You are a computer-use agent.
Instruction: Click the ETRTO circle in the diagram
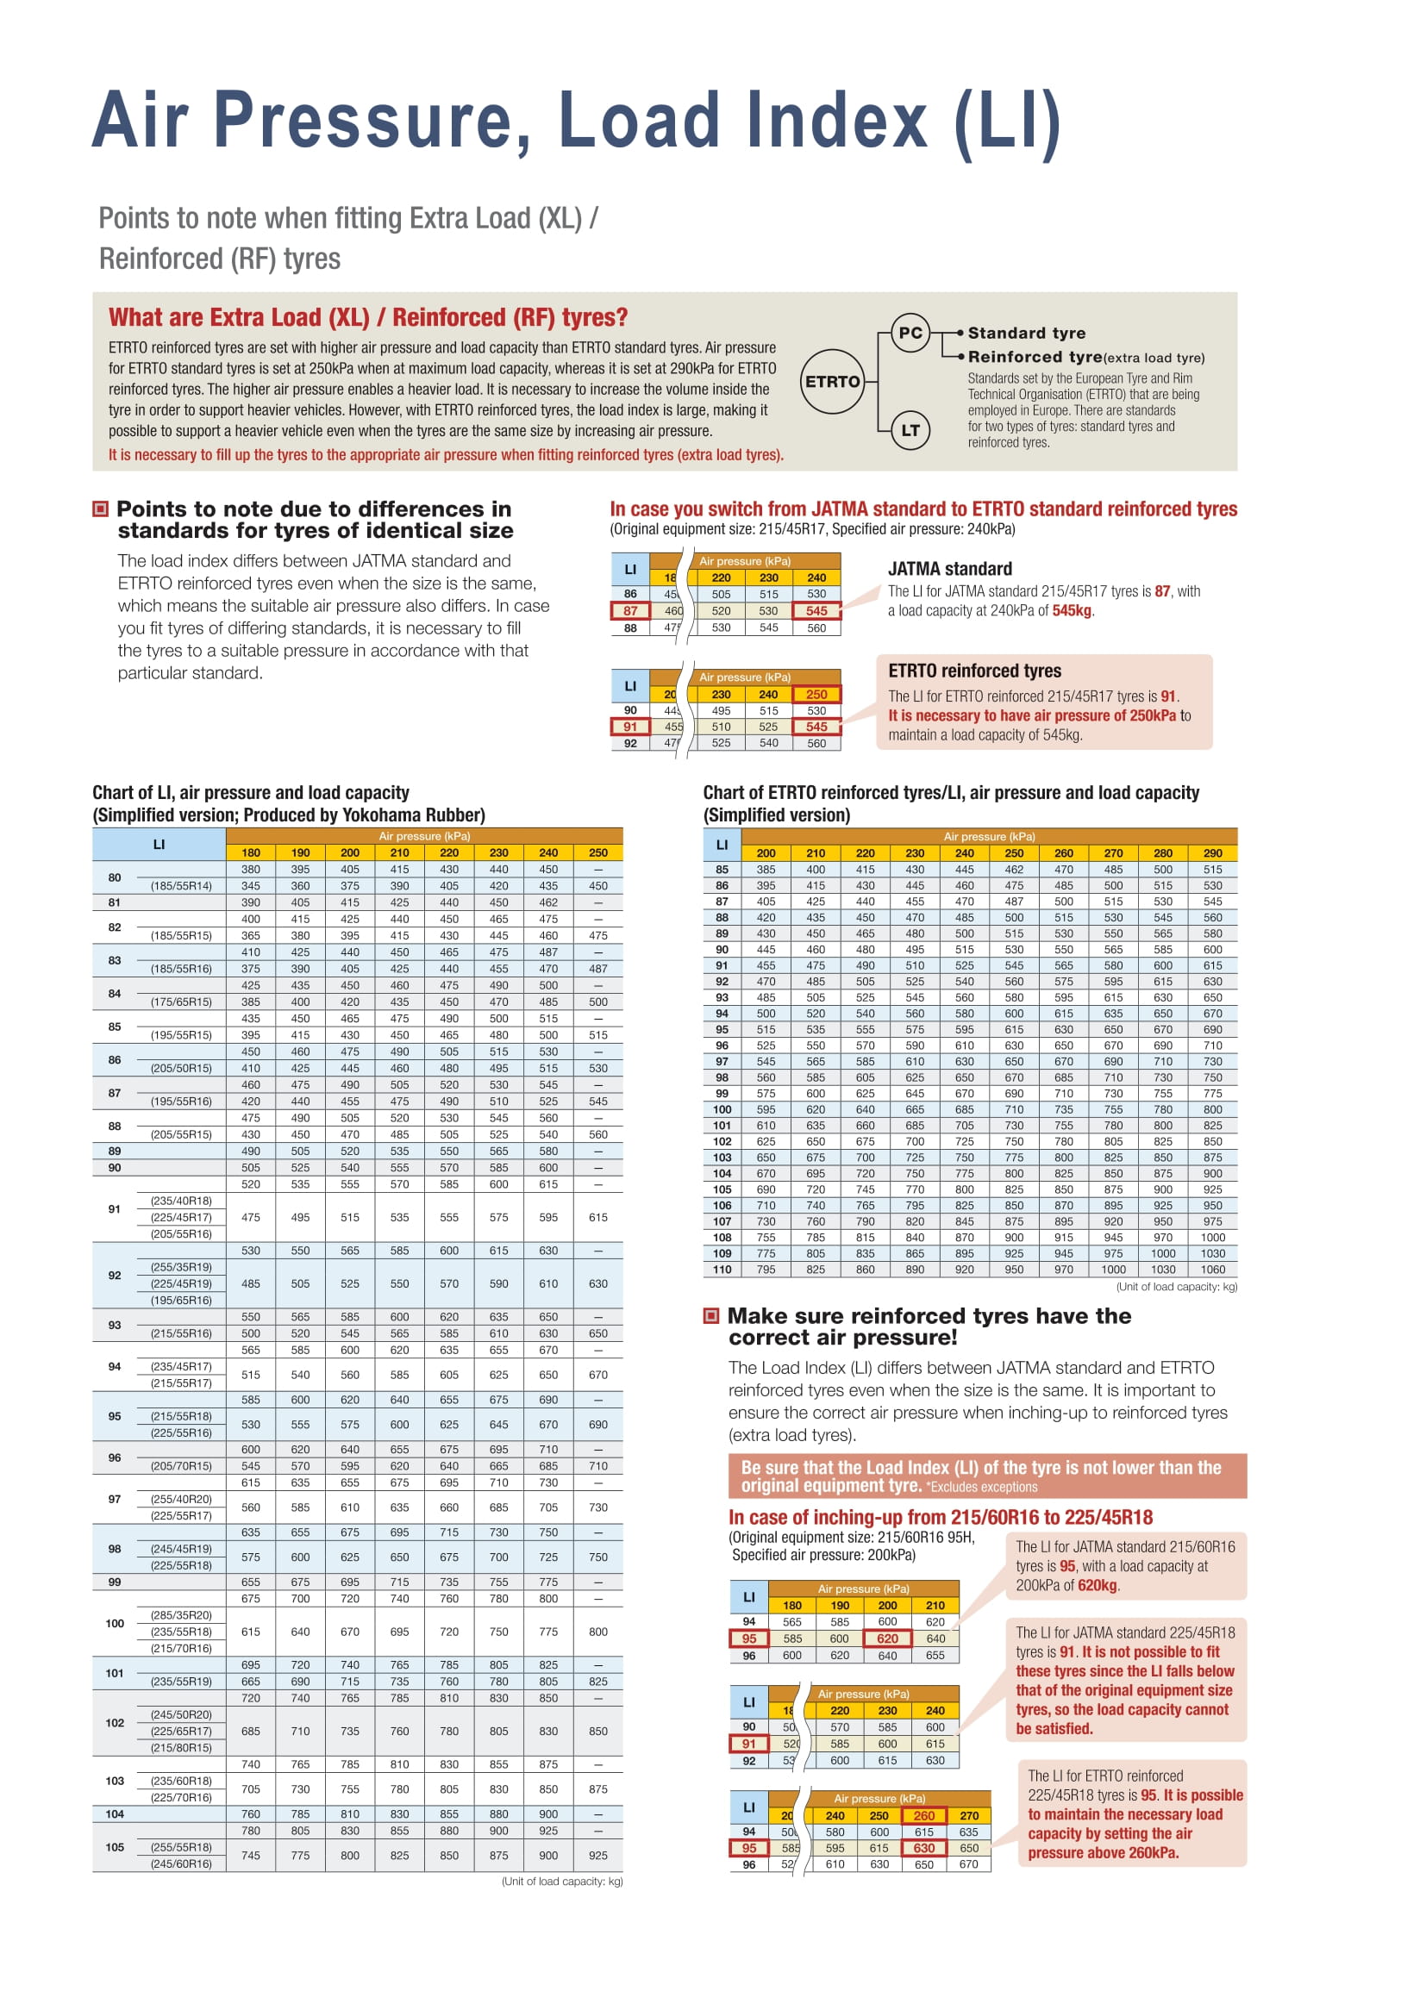click(833, 382)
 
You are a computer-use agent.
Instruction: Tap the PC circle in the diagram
click(910, 333)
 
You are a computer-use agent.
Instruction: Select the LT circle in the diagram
click(910, 430)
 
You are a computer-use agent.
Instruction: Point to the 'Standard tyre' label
click(1027, 333)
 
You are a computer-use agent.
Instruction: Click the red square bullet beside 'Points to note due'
click(101, 509)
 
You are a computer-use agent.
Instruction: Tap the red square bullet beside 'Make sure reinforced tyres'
click(711, 1315)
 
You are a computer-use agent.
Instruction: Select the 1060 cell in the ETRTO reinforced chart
click(1213, 1269)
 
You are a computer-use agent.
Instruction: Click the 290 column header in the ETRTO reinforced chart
click(1213, 852)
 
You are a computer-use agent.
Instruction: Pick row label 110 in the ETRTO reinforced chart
click(722, 1269)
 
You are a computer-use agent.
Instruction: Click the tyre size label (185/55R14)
click(181, 886)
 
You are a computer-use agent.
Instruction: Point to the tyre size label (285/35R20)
click(181, 1614)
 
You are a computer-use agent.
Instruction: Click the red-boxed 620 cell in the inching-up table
click(888, 1638)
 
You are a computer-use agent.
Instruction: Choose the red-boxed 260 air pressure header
click(923, 1816)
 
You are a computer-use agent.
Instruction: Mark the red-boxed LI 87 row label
click(630, 611)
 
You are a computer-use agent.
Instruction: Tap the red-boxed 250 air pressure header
click(816, 695)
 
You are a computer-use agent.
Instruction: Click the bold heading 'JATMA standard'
click(950, 569)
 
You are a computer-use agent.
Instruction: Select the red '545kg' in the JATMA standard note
click(1072, 611)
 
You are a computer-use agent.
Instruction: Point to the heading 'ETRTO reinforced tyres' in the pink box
click(975, 671)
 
